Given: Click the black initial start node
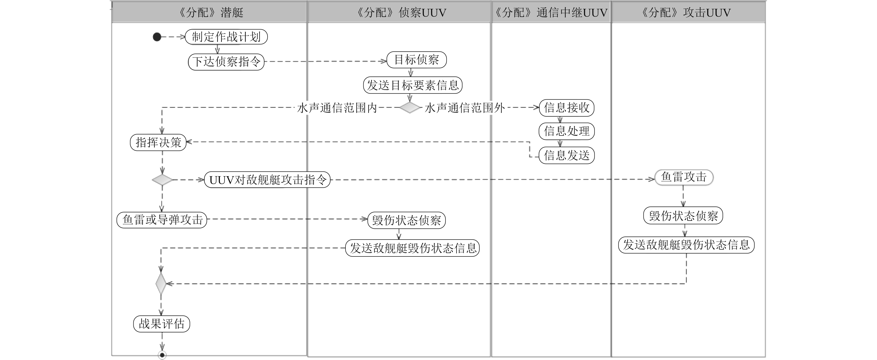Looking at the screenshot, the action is [x=157, y=37].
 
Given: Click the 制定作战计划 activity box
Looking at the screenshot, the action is [x=226, y=37].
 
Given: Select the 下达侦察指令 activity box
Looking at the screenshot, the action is [x=226, y=62].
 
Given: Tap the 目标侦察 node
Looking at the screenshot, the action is [x=416, y=60].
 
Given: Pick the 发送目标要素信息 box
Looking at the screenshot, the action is [x=413, y=85].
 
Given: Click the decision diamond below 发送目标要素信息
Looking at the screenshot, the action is [x=409, y=108].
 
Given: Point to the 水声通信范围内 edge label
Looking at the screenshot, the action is [x=337, y=108].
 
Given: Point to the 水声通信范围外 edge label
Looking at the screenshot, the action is [x=465, y=108].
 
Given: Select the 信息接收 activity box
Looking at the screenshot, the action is [x=567, y=108].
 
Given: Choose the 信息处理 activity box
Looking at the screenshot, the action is [x=567, y=131].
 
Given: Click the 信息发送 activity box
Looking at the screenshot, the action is [x=567, y=155].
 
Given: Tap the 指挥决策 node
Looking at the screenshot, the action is [x=158, y=142].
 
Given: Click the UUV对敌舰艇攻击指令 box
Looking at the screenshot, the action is [x=267, y=180].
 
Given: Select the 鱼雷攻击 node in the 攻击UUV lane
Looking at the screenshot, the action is [x=684, y=177].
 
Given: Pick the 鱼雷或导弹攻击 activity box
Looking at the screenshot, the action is [x=162, y=220].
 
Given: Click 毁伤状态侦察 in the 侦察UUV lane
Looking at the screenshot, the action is [x=406, y=220].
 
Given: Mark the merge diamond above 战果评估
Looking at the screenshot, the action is [x=161, y=283].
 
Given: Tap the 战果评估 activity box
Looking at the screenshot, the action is [x=161, y=324].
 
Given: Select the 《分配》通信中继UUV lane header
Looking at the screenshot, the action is [x=551, y=13].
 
